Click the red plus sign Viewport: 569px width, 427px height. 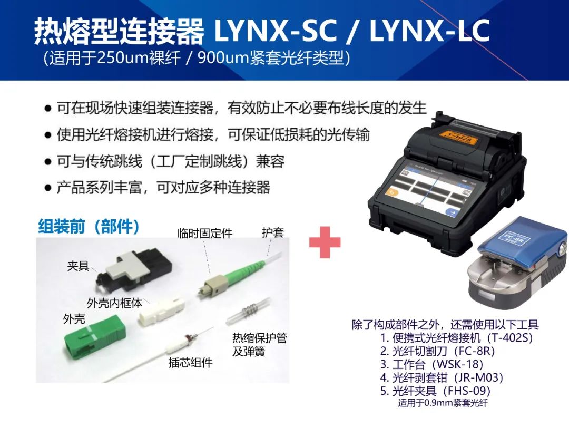(x=325, y=242)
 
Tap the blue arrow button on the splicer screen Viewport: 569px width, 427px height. (x=452, y=212)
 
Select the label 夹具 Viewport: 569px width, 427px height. (x=78, y=266)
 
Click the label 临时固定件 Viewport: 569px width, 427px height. (x=205, y=233)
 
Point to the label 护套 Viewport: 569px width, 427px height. (x=273, y=232)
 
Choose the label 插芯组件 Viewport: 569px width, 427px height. (x=190, y=362)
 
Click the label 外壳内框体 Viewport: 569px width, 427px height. (x=115, y=303)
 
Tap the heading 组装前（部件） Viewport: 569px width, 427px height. (x=89, y=226)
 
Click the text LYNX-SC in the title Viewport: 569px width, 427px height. (x=276, y=31)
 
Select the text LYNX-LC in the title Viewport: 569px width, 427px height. (x=430, y=31)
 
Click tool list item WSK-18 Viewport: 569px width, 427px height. (x=431, y=364)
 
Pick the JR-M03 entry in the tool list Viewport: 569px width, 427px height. (x=442, y=377)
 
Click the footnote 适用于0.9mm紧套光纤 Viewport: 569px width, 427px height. (x=443, y=402)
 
